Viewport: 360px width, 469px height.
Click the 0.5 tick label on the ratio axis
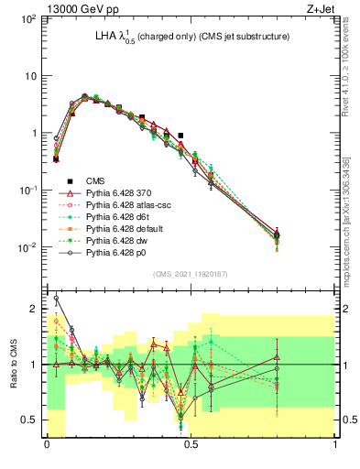pos(31,420)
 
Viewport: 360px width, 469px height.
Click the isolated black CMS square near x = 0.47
pos(181,136)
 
